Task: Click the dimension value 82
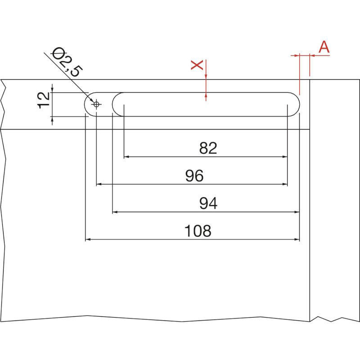(208, 148)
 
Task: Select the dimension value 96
(194, 176)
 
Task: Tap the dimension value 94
(208, 204)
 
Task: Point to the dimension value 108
(198, 231)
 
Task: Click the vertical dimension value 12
(44, 100)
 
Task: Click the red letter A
(324, 47)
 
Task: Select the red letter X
(197, 65)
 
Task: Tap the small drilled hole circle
(96, 104)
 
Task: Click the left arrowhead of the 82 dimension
(127, 157)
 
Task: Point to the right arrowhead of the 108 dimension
(297, 239)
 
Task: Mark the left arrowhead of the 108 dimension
(88, 239)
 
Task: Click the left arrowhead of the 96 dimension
(99, 184)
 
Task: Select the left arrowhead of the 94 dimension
(115, 211)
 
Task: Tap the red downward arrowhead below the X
(206, 77)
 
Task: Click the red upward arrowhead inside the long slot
(206, 94)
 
